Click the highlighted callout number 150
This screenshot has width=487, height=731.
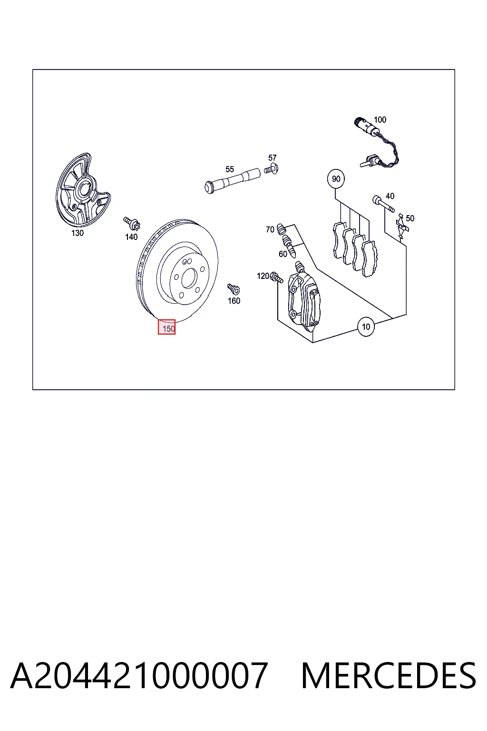point(166,327)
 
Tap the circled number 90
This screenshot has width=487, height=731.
point(336,179)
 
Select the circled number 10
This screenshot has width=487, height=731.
point(366,326)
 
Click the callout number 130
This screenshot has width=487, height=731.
point(78,233)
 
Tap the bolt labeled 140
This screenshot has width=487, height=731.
point(131,223)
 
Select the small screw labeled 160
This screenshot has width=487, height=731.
point(234,288)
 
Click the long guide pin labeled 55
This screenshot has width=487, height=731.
point(232,181)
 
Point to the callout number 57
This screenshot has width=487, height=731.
point(273,158)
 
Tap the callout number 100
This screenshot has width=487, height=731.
point(380,120)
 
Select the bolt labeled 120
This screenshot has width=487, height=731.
point(277,278)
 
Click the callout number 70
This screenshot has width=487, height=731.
point(270,229)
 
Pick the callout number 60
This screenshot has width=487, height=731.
point(283,254)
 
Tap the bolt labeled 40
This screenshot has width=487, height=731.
point(384,204)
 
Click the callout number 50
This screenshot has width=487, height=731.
point(410,218)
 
